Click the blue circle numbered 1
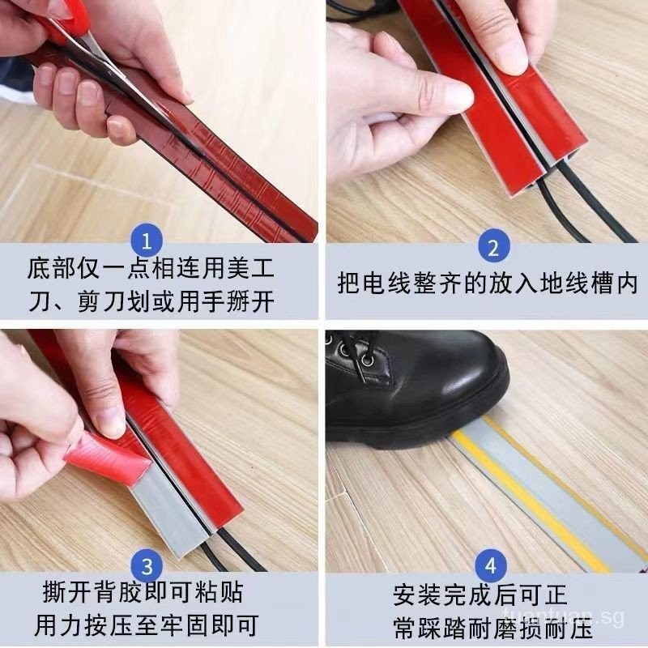click(x=147, y=241)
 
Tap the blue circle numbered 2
click(x=493, y=247)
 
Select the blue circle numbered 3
click(x=147, y=565)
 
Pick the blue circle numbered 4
click(x=491, y=565)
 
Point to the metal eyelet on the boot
click(x=368, y=360)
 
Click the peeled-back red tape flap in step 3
click(x=109, y=458)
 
